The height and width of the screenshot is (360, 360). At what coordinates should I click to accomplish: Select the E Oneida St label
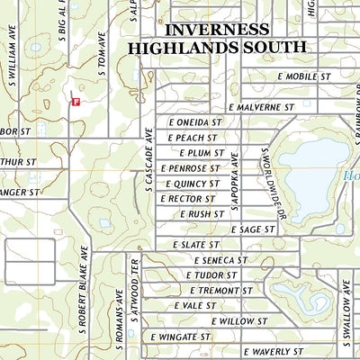tap(194, 122)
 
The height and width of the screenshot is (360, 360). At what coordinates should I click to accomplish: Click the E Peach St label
tap(193, 138)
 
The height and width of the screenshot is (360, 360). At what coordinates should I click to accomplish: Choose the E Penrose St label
tap(190, 168)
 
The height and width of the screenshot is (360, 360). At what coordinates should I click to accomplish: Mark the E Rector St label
tap(188, 199)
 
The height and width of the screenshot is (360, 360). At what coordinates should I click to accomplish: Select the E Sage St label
tap(253, 229)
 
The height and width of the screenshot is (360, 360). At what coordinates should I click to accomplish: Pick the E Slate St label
tap(195, 245)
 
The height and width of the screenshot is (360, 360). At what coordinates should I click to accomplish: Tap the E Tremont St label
tap(220, 291)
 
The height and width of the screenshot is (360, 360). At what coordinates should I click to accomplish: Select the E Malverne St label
tap(262, 107)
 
